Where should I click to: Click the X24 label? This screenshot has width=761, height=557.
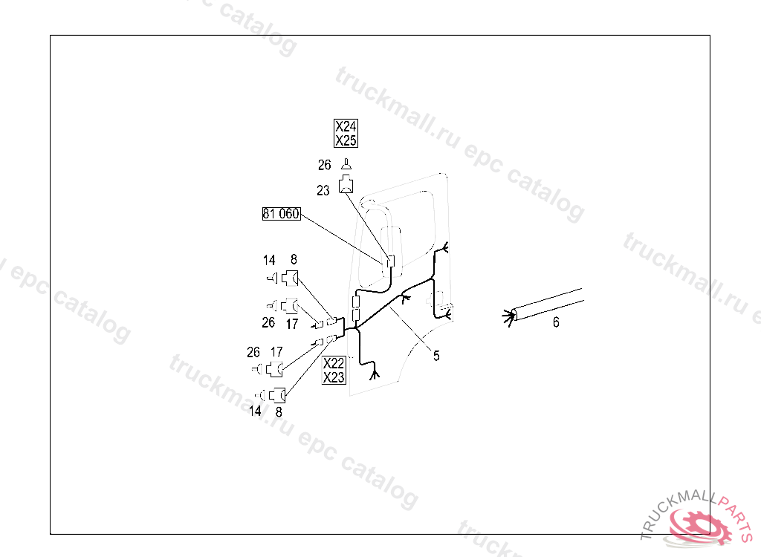pos(346,127)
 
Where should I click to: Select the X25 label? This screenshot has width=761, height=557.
pos(346,140)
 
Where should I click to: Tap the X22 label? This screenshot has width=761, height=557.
pos(334,363)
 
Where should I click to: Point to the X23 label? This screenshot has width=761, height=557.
pos(334,377)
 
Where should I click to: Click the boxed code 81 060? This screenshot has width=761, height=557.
pos(281,215)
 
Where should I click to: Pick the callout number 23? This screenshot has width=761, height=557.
pos(323,191)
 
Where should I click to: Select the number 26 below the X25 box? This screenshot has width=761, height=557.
pos(324,166)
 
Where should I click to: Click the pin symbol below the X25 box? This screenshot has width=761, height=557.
pos(346,165)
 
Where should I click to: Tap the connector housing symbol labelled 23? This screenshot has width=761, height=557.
pos(347,185)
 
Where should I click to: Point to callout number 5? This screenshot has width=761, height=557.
pos(436,356)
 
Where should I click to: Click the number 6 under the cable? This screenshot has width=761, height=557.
pos(556,322)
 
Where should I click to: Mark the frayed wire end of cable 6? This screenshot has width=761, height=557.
pos(509,317)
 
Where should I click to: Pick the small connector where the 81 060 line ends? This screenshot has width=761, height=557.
pos(389,260)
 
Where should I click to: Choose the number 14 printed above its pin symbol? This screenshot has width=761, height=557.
pos(269,260)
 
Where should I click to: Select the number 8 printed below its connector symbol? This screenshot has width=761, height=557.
pos(279,411)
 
